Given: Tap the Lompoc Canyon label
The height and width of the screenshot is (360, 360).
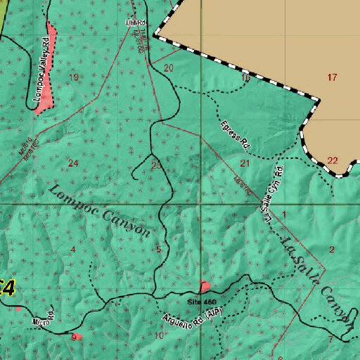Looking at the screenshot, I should click(x=100, y=211).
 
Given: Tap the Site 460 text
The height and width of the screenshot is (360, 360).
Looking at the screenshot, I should click(x=202, y=302).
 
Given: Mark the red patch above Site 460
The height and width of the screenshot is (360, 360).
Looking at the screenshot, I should click(x=205, y=286).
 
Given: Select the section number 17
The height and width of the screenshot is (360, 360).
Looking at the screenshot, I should click(x=333, y=77).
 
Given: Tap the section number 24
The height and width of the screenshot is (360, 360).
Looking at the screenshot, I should click(x=73, y=163).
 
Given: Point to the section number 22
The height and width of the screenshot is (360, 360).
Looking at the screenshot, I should click(x=333, y=160).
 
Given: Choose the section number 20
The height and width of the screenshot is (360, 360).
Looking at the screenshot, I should click(x=169, y=68).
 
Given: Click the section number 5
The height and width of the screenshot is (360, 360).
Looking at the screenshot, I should click(x=159, y=250).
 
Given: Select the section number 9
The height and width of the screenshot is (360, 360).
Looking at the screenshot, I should click(x=73, y=337).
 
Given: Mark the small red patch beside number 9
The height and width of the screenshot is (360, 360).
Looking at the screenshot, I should click(x=79, y=337).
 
